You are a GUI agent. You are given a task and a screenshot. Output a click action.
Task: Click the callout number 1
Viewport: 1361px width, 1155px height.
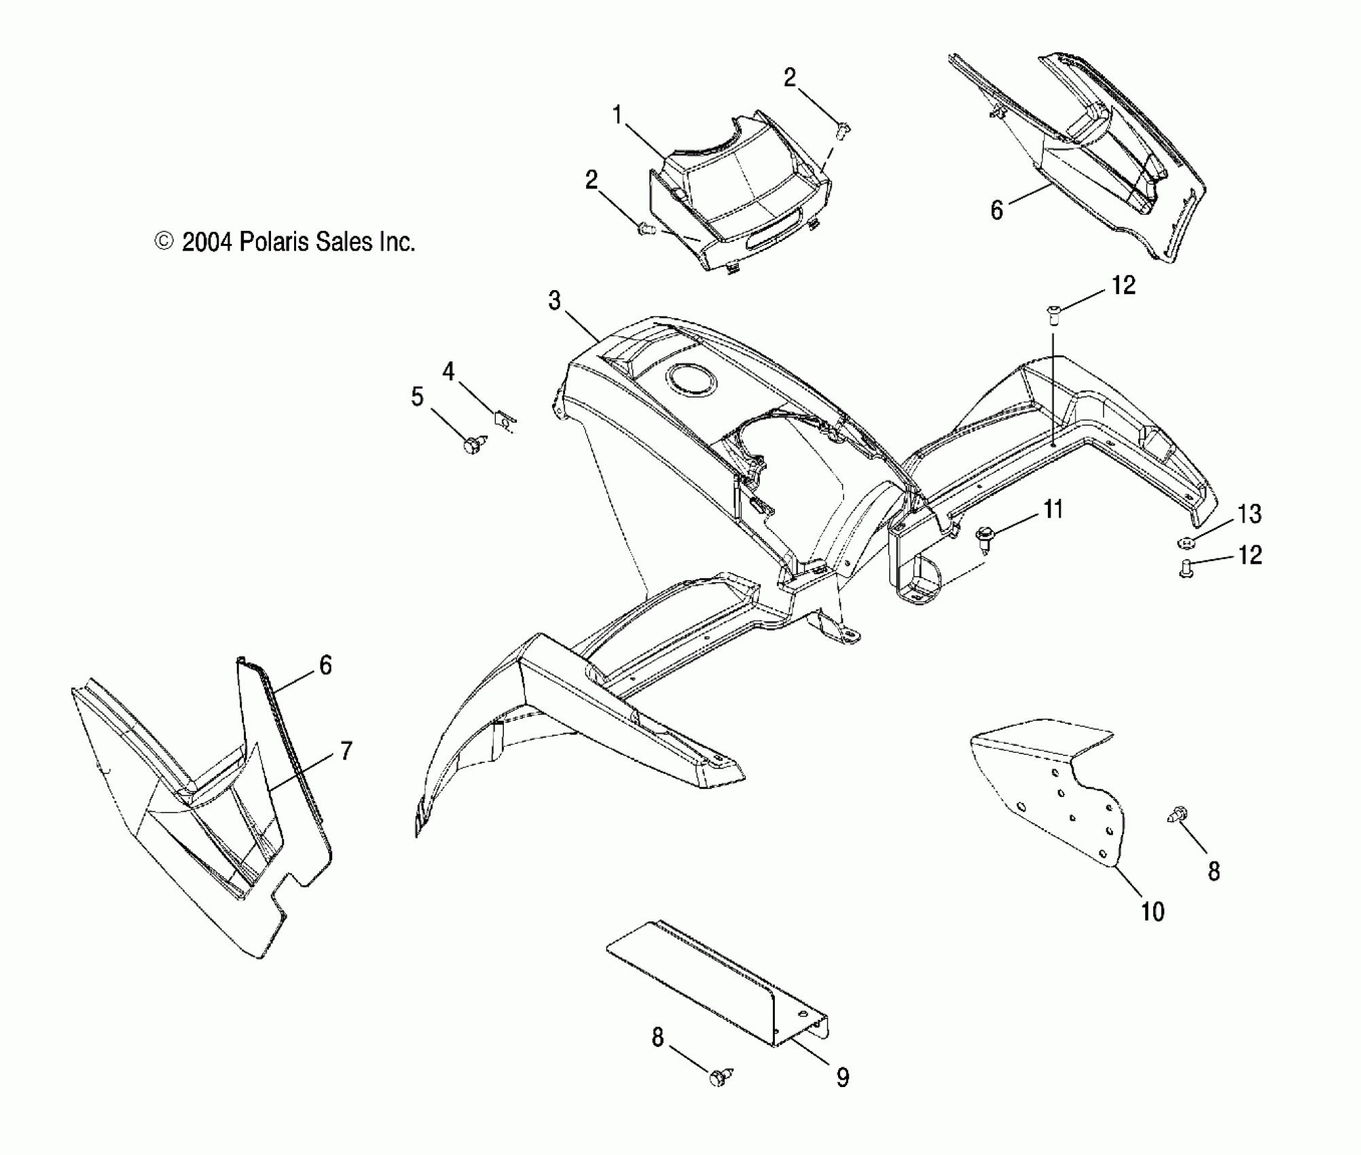(617, 116)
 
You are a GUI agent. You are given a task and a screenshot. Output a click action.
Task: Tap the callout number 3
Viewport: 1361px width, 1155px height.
(555, 300)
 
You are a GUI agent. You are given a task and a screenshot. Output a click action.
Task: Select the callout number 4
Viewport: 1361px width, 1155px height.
(448, 372)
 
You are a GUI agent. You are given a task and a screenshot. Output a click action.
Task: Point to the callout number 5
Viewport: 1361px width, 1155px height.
(417, 397)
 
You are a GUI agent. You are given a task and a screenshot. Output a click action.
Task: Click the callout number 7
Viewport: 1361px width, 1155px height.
(346, 751)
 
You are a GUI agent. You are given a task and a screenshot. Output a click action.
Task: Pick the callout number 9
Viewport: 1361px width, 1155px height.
(842, 1077)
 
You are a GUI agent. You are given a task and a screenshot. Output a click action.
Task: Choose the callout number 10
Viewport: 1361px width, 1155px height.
(1153, 912)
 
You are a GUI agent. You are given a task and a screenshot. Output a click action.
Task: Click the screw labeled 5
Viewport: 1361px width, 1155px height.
(471, 446)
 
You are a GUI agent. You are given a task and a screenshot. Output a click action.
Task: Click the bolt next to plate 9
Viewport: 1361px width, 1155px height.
(717, 1077)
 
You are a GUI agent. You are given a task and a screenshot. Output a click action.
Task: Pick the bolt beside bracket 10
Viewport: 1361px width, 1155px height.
(1179, 813)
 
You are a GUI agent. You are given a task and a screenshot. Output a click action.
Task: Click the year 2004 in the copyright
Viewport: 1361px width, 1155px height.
(208, 243)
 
